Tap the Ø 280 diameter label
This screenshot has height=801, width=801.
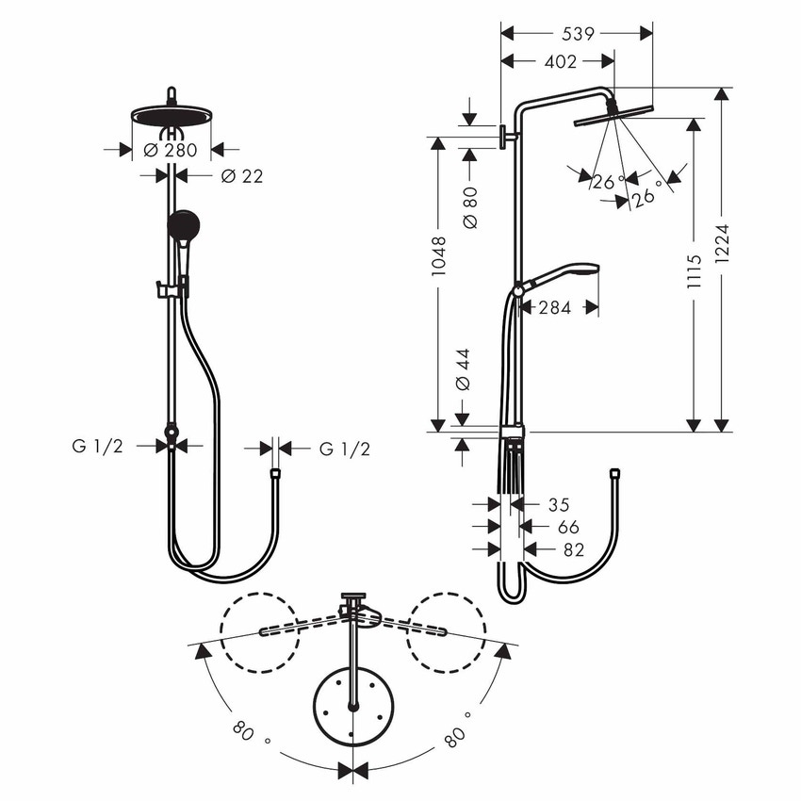pos(171,149)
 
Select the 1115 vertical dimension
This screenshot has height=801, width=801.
pos(695,271)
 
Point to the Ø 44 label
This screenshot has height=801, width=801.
pos(462,369)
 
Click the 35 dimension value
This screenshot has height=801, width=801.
pos(558,505)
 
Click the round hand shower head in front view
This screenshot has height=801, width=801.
pos(184,225)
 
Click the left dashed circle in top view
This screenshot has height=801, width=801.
pos(259,632)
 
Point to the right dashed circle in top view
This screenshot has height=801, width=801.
pos(446,632)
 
